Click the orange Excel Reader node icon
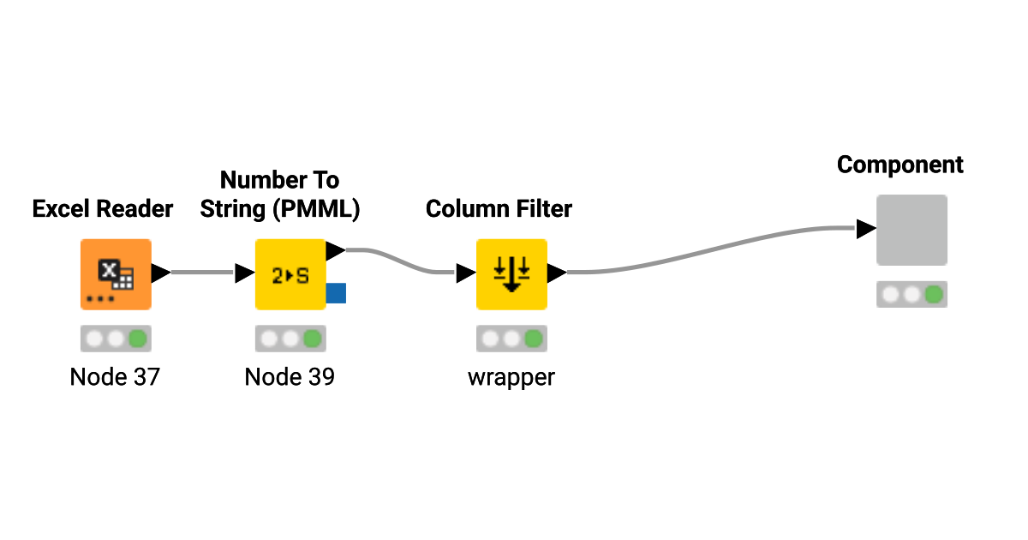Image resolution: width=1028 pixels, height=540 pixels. (116, 274)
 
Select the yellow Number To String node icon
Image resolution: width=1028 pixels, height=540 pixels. (290, 274)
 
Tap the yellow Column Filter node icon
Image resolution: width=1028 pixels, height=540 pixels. (511, 274)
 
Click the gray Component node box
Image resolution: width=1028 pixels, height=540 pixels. (911, 230)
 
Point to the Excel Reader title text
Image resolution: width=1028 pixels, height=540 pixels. (103, 208)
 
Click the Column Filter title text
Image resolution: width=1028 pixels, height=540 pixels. (499, 208)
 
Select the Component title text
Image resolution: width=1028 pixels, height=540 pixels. (900, 165)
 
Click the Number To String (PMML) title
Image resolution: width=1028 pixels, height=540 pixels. (279, 195)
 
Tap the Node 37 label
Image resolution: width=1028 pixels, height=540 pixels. (115, 377)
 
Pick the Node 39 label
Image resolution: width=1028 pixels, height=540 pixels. (290, 377)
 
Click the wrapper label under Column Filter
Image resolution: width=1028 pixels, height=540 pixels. (511, 377)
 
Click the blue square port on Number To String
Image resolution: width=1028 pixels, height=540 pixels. (336, 293)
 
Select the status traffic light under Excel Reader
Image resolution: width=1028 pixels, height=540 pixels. (116, 339)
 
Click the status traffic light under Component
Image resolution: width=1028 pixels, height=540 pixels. (911, 295)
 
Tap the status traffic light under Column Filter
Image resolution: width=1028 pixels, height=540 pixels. (511, 339)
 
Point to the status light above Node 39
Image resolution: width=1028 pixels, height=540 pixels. (290, 339)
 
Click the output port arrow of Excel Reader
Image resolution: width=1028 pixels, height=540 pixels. (161, 273)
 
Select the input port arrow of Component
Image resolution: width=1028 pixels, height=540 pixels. (865, 229)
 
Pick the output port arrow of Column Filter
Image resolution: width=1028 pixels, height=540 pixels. (557, 273)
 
